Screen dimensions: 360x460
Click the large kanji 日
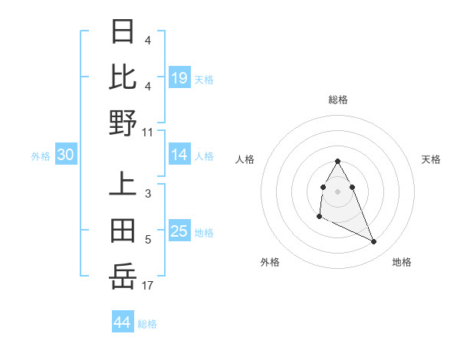(123, 33)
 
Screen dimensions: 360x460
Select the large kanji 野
(123, 123)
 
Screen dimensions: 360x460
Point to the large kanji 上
(123, 185)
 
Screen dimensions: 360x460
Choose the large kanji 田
(123, 231)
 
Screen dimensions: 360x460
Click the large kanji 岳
(123, 276)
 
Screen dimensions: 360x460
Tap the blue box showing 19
(179, 77)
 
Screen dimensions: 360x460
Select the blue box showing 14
(179, 155)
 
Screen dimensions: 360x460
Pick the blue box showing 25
(179, 231)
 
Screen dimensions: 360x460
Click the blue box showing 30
(66, 155)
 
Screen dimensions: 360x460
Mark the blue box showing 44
(123, 322)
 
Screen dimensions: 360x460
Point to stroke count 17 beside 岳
(148, 286)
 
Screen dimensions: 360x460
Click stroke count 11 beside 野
(148, 132)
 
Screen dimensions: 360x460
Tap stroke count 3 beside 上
(148, 194)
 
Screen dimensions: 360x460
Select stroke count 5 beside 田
(148, 240)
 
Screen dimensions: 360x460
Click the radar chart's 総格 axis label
(338, 100)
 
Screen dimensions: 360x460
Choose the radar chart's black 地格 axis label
(402, 262)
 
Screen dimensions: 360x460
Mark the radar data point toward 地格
(374, 242)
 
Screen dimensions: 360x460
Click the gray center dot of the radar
(338, 191)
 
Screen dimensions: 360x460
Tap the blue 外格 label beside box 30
(41, 156)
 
